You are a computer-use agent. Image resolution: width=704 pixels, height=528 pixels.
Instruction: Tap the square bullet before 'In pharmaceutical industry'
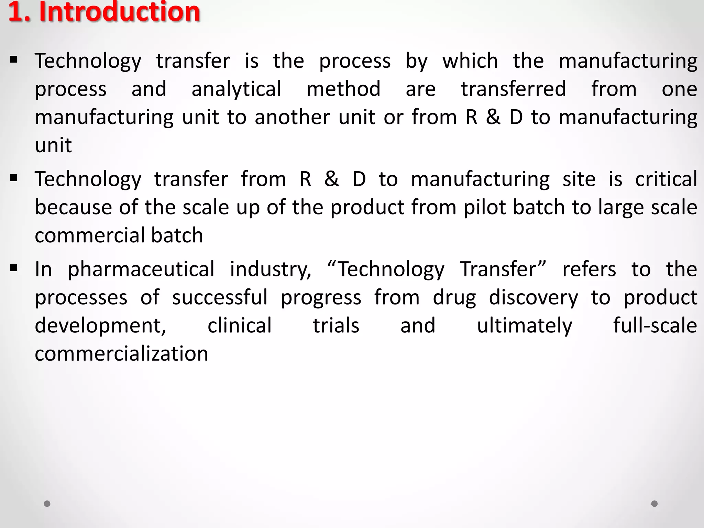coord(14,268)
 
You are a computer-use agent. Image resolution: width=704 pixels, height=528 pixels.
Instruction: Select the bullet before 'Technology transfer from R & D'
coord(14,178)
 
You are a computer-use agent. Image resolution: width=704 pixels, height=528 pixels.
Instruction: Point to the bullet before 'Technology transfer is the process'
coord(14,60)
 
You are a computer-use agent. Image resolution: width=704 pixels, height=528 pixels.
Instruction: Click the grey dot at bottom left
coord(47,504)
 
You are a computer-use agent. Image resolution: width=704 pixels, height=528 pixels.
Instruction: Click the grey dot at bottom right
coord(654,504)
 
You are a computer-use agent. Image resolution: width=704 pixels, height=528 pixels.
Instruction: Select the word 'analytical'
coord(236,89)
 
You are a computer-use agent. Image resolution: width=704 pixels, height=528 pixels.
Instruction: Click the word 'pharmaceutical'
coord(141,269)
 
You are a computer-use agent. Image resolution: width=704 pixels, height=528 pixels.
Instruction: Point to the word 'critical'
coord(666,179)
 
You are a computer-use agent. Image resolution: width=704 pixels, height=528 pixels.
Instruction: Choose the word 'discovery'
coord(533,298)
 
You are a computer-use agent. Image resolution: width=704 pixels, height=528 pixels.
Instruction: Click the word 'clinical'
coord(240,326)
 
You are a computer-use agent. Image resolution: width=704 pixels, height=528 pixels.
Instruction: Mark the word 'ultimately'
coord(525,326)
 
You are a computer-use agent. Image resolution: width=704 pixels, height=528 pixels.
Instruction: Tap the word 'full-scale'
coord(655,326)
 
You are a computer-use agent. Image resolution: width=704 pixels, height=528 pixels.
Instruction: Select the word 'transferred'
coord(513,89)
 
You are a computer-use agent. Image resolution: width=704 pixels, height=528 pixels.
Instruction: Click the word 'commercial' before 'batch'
coord(90,235)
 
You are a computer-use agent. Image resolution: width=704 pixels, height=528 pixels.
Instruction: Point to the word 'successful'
coord(220,297)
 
